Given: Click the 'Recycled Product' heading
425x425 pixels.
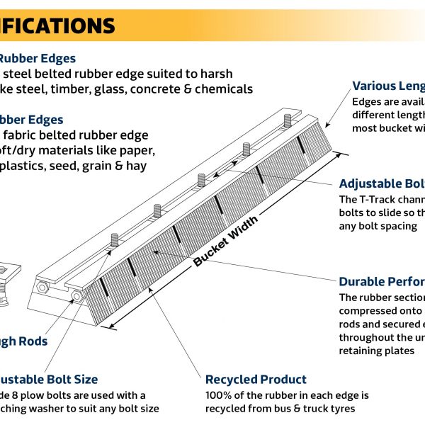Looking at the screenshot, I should point(256,380).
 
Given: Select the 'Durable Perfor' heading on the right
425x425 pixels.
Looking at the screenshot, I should point(382,281).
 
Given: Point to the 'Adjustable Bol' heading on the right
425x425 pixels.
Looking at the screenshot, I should point(382,183).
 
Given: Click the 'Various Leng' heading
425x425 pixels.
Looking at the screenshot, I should point(388,86).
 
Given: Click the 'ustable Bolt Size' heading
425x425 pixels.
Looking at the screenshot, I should point(48,380).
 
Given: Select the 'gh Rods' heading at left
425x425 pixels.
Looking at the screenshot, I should point(23,341).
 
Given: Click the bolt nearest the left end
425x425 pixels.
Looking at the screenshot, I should point(113,241).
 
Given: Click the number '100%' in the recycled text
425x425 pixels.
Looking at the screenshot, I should point(220,395).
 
